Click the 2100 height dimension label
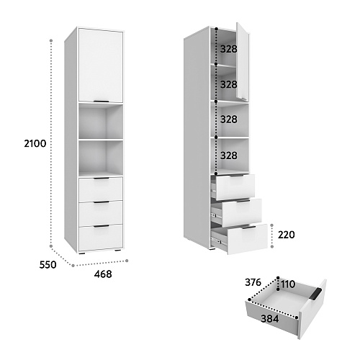(35, 143)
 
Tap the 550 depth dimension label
(48, 265)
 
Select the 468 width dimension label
(103, 274)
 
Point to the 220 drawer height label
(287, 235)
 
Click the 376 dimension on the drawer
(253, 282)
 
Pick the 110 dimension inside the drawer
(288, 284)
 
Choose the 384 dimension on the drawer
(270, 319)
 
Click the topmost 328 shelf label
(229, 49)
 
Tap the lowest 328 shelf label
(229, 156)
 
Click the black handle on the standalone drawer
(316, 294)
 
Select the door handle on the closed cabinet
(101, 102)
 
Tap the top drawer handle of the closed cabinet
(101, 179)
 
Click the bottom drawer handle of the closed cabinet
(101, 226)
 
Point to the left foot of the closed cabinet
(82, 253)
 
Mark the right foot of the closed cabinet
(117, 251)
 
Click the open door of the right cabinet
(243, 61)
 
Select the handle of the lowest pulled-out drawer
(249, 228)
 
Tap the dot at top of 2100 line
(51, 41)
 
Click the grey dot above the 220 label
(272, 225)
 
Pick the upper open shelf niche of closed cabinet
(101, 121)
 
